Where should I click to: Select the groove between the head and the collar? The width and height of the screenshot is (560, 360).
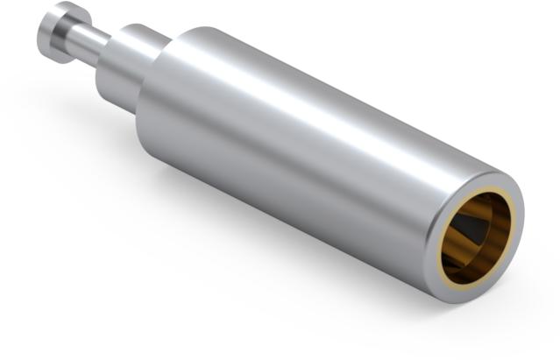(x=84, y=44)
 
